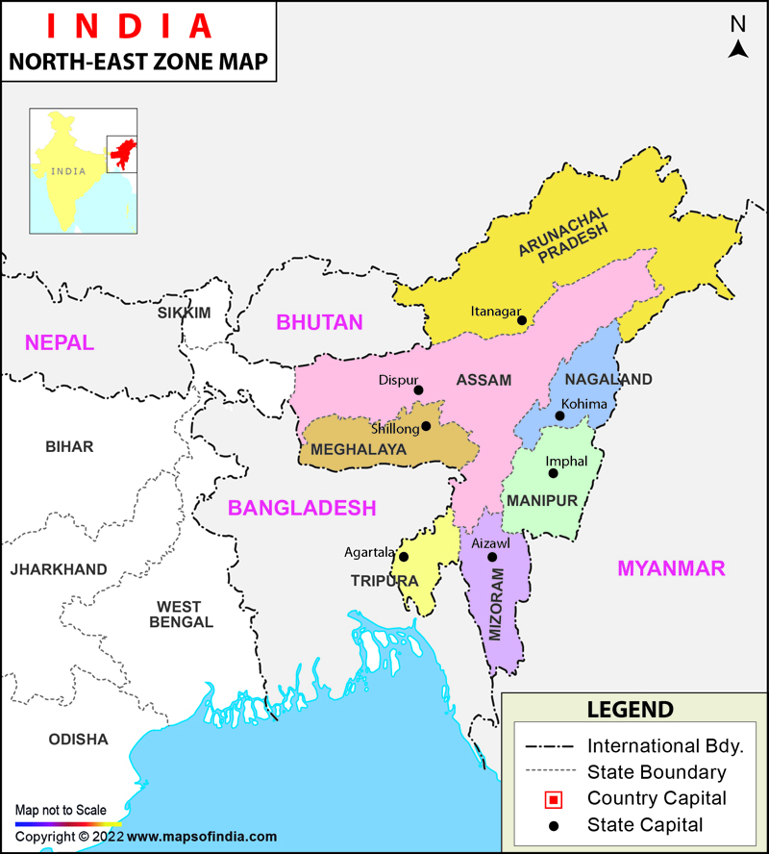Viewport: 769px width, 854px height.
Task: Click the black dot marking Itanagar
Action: [522, 319]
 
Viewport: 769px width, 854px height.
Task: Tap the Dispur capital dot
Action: [418, 389]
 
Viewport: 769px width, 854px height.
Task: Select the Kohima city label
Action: [584, 404]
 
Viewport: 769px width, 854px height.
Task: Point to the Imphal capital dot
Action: [552, 472]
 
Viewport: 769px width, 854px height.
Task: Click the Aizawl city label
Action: [490, 543]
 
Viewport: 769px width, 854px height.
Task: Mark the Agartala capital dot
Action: [404, 557]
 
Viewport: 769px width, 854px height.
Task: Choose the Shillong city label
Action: [395, 428]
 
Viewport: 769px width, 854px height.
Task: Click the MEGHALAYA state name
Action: [359, 449]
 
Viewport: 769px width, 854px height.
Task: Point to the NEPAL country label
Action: [60, 342]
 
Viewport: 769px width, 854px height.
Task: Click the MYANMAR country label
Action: [671, 568]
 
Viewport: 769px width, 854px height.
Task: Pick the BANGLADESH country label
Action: [302, 508]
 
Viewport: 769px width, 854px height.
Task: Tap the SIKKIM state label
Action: [184, 313]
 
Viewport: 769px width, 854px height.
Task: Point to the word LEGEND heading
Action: [631, 710]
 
